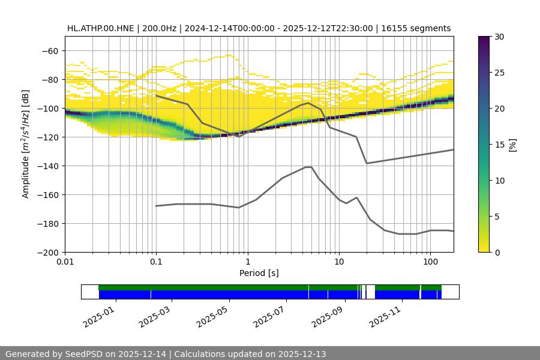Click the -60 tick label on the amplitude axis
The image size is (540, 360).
[50, 51]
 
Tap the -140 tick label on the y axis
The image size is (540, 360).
[47, 166]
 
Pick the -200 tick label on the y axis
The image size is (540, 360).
[47, 253]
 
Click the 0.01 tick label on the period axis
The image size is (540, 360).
[65, 262]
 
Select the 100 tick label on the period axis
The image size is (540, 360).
[430, 262]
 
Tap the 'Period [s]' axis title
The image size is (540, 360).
[259, 273]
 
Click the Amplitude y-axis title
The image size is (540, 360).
[26, 144]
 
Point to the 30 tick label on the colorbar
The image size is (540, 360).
[499, 37]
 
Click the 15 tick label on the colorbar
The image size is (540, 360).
[499, 145]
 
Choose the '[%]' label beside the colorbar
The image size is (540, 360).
[512, 145]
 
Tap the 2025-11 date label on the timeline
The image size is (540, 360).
[383, 316]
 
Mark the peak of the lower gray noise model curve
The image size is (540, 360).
[308, 167]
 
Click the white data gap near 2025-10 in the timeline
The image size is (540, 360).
[370, 292]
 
